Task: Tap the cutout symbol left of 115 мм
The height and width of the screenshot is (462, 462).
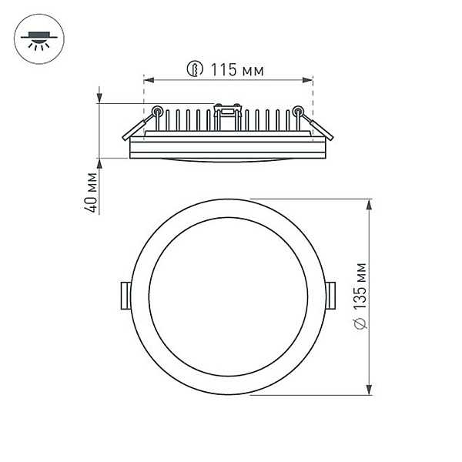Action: click(x=196, y=71)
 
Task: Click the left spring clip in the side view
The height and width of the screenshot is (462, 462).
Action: click(x=137, y=128)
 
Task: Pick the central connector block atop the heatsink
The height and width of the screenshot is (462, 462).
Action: click(x=227, y=115)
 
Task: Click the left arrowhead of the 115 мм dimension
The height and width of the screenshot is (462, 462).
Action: click(x=148, y=79)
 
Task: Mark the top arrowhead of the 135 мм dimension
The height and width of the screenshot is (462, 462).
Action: click(x=370, y=204)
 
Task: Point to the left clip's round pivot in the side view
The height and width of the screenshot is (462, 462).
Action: click(x=157, y=110)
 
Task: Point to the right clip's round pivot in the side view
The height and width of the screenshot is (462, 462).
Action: click(x=298, y=110)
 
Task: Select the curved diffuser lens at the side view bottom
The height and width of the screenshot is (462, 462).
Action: click(x=227, y=159)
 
